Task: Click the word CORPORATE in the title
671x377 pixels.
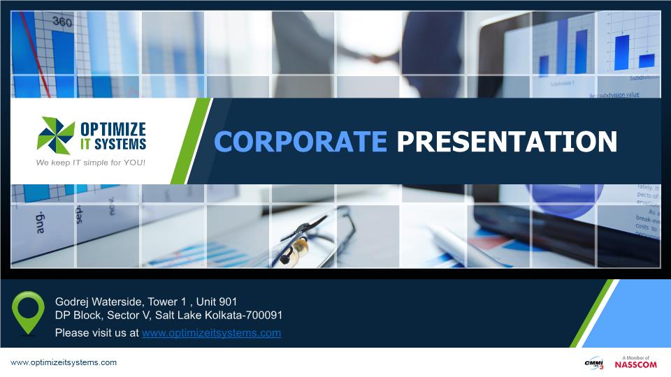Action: (x=301, y=141)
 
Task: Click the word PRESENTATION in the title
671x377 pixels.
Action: (x=507, y=141)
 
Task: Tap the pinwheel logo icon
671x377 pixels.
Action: (x=56, y=135)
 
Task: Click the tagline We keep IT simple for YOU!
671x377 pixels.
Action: (x=91, y=163)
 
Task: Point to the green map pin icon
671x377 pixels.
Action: (x=29, y=311)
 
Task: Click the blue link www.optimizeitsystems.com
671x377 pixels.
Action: (x=211, y=333)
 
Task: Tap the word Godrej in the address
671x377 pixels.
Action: (x=73, y=302)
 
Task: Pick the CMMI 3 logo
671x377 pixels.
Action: (x=593, y=363)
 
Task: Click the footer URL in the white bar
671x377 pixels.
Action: (x=63, y=363)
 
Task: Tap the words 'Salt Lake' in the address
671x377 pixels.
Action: (x=178, y=316)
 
